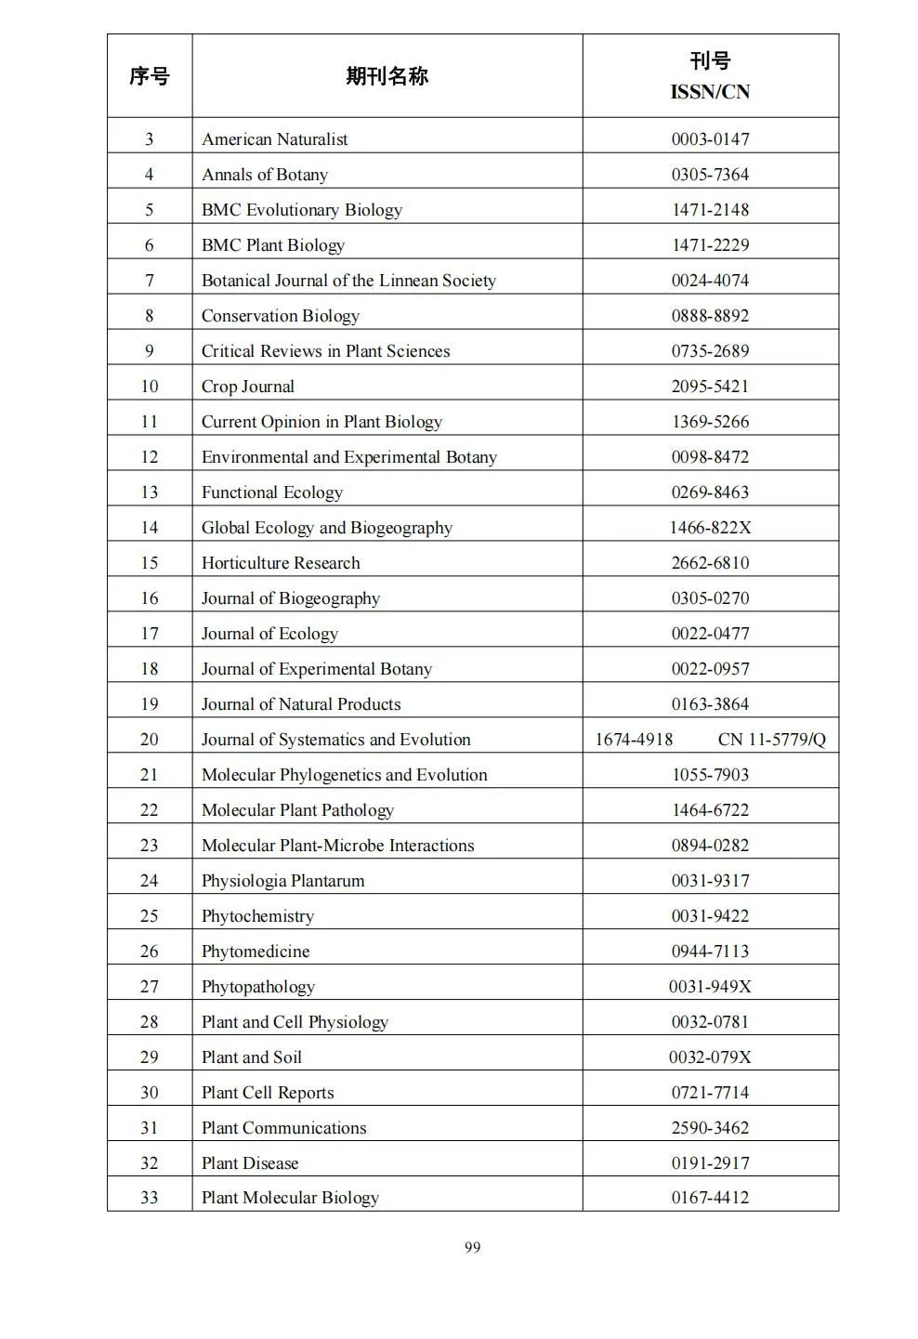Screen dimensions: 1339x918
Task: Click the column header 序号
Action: click(x=150, y=76)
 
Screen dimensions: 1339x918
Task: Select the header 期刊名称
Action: click(x=387, y=76)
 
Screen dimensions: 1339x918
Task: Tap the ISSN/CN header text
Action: click(x=710, y=92)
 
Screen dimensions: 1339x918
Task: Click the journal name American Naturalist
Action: click(x=275, y=139)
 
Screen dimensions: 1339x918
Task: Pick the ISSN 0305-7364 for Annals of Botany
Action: click(x=710, y=175)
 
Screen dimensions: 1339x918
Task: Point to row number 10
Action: click(x=150, y=387)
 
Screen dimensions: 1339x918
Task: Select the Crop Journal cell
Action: click(x=248, y=387)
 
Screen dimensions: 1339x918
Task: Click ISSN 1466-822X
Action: click(x=710, y=528)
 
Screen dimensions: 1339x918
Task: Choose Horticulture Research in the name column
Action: click(x=281, y=563)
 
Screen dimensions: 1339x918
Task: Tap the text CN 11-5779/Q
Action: click(x=771, y=740)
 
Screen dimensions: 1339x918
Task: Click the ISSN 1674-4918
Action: click(x=634, y=740)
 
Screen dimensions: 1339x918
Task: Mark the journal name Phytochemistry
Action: click(x=257, y=916)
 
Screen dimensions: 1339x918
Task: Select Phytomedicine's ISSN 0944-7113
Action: click(x=710, y=952)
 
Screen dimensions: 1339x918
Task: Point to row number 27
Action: click(x=150, y=987)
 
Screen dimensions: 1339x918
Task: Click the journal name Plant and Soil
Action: click(x=252, y=1057)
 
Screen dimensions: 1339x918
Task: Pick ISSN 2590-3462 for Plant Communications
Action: click(x=710, y=1128)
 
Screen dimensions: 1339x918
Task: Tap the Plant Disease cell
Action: click(x=250, y=1163)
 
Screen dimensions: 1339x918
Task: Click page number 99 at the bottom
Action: click(x=472, y=1247)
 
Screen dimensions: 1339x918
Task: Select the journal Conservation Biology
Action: click(x=281, y=316)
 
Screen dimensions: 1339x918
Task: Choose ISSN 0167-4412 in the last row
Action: click(x=710, y=1198)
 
